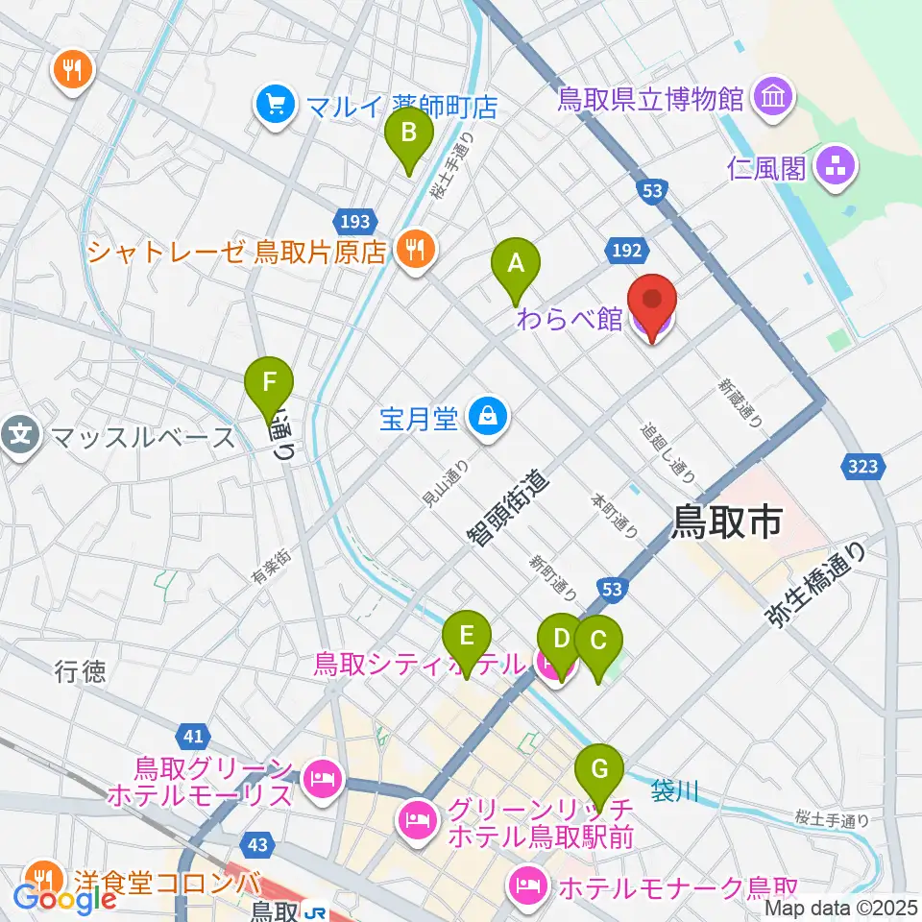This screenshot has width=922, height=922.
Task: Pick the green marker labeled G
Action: [x=599, y=770]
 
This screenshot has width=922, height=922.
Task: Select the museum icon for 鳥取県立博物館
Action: [x=773, y=96]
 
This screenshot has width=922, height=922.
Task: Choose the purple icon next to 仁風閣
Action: [x=834, y=168]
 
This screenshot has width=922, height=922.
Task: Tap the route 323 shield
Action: [x=862, y=467]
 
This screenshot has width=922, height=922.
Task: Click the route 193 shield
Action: [x=354, y=222]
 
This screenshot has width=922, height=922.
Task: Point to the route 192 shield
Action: [x=624, y=251]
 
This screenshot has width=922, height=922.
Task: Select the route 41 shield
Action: [x=193, y=738]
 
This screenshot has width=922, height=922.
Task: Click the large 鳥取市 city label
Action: [x=727, y=522]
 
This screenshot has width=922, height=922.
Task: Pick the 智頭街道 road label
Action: [x=509, y=508]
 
